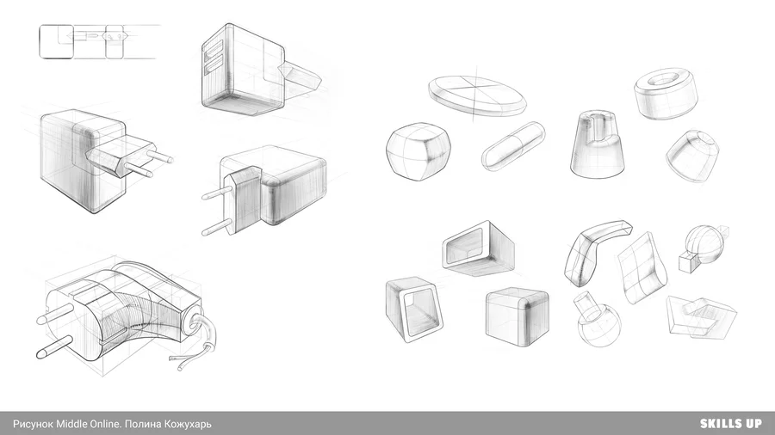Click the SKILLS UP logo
[x=731, y=424]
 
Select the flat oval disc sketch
[x=477, y=96]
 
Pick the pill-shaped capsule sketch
[x=513, y=146]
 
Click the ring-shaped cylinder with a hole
[x=666, y=94]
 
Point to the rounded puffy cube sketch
[x=418, y=152]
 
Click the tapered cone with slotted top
[x=597, y=144]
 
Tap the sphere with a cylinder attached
[x=598, y=321]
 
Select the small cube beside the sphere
[x=687, y=261]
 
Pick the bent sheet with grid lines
[x=642, y=268]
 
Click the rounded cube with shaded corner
[x=517, y=316]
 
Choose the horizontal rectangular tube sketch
[x=479, y=248]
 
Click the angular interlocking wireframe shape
[x=701, y=317]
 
